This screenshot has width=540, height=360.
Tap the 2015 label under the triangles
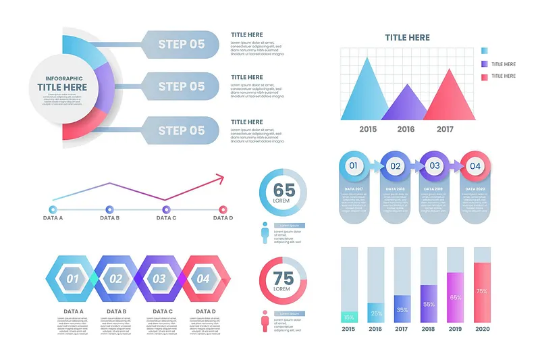click(x=368, y=129)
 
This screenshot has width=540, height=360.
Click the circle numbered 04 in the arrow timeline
click(x=475, y=165)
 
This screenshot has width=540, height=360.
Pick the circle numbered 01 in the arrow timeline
click(x=352, y=165)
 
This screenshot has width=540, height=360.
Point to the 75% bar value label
click(x=482, y=292)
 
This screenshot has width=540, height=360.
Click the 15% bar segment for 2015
click(x=349, y=316)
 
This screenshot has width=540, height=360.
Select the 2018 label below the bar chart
click(x=429, y=329)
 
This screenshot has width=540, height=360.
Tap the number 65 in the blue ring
click(x=284, y=190)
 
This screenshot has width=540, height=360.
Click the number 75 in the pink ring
click(x=284, y=277)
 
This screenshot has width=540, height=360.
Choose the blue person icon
click(x=265, y=233)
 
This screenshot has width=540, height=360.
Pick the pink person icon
click(x=265, y=320)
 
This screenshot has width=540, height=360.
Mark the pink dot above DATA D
click(x=223, y=209)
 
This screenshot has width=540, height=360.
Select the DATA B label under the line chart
click(x=109, y=218)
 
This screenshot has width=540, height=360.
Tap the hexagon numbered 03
click(x=159, y=278)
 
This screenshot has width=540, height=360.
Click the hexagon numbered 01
click(x=72, y=278)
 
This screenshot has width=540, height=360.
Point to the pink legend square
click(x=485, y=77)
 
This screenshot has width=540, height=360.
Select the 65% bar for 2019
click(x=456, y=297)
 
